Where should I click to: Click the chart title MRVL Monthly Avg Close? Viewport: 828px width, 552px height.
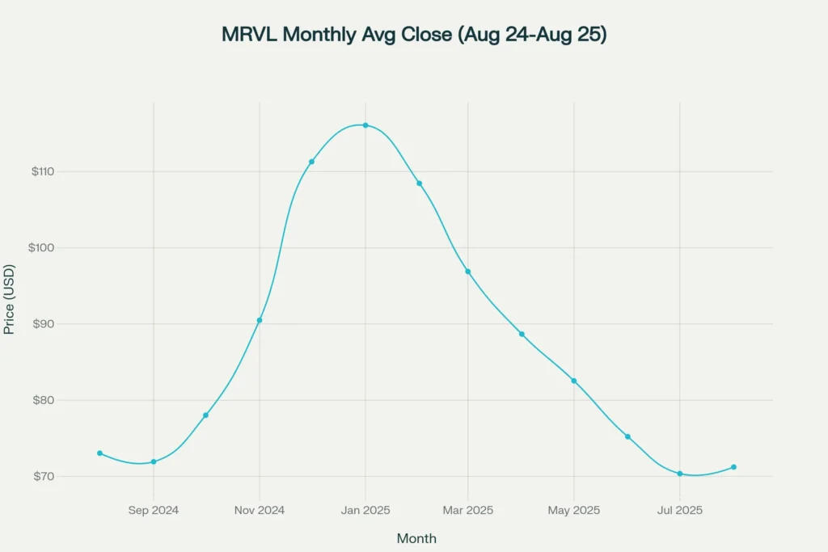coord(413,36)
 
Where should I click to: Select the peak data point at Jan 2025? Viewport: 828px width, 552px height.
coord(365,125)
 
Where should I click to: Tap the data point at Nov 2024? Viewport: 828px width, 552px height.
coord(260,320)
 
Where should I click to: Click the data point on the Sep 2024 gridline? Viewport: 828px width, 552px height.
coord(154,461)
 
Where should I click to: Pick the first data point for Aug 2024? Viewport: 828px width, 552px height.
coord(99,453)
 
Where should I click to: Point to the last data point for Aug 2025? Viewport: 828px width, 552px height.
coord(733,467)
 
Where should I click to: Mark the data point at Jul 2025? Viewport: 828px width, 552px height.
coord(680,474)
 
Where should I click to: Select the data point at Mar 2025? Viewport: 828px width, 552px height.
coord(468,272)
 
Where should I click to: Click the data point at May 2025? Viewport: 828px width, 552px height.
coord(574,381)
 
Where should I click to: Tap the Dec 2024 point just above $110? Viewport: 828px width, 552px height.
coord(311,162)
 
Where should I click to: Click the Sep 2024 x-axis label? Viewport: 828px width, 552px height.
coord(154,510)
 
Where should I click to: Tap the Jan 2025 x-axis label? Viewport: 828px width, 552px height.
coord(365,510)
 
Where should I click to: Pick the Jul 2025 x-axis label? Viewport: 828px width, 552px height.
coord(680,510)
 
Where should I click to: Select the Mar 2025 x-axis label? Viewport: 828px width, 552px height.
coord(468,510)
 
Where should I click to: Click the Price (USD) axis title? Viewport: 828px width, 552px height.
coord(10,299)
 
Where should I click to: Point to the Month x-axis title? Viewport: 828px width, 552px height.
coord(416,538)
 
